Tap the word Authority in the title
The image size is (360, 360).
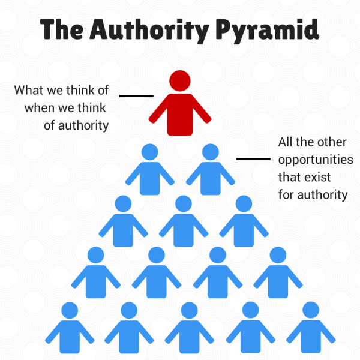149,29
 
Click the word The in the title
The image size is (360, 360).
62,29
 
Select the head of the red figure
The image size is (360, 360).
180,81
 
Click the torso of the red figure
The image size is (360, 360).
180,115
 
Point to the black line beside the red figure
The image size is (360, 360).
136,96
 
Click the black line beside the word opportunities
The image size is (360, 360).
253,158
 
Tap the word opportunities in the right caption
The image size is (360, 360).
316,160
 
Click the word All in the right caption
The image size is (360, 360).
286,142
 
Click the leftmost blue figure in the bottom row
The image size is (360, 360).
70,328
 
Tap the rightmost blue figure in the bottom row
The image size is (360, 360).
311,328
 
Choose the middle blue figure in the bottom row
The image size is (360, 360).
190,328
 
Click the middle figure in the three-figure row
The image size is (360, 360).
184,221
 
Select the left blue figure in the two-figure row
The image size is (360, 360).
149,169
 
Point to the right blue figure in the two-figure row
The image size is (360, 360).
211,169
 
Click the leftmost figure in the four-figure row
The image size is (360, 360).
96,272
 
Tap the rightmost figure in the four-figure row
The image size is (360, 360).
278,272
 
